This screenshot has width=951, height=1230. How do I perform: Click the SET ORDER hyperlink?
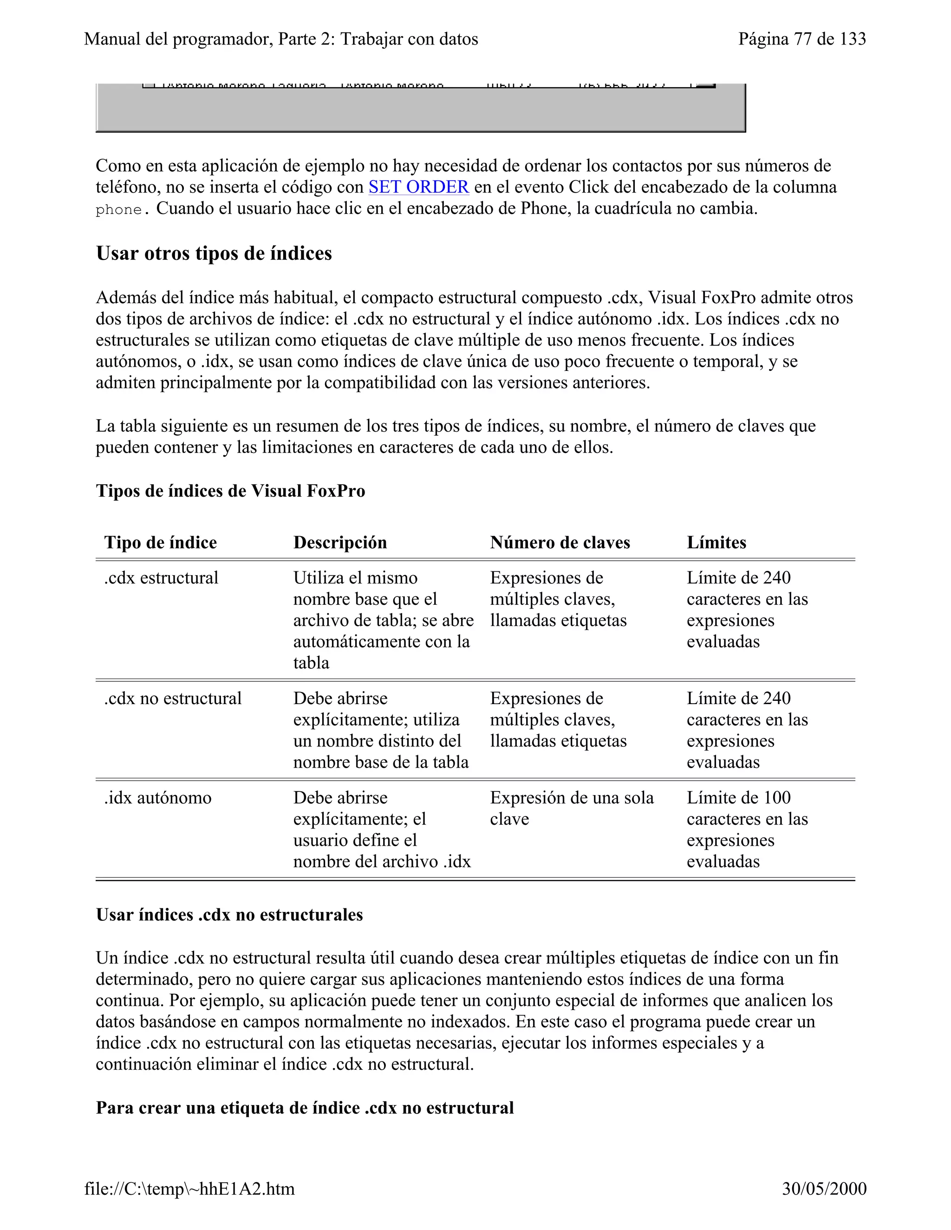418,187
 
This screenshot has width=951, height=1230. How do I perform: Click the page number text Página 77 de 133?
801,39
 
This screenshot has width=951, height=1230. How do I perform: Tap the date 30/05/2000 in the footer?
824,1188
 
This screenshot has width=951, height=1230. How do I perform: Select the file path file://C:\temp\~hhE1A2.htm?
189,1188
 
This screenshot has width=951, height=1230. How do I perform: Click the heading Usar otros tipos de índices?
214,253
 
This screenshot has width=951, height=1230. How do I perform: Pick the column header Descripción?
340,542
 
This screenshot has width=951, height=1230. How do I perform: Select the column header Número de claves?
560,542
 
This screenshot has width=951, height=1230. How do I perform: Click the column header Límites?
716,542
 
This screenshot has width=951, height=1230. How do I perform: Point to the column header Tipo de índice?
161,542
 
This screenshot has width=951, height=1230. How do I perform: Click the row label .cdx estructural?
161,578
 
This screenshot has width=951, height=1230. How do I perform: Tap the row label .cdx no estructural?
172,699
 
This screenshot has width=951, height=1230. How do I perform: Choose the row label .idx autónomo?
158,797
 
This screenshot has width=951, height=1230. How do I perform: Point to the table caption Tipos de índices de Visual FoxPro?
230,491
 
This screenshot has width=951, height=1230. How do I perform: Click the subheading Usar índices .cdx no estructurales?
229,915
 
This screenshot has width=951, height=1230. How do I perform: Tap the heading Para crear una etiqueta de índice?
304,1108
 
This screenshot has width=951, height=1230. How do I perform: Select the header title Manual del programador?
280,39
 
